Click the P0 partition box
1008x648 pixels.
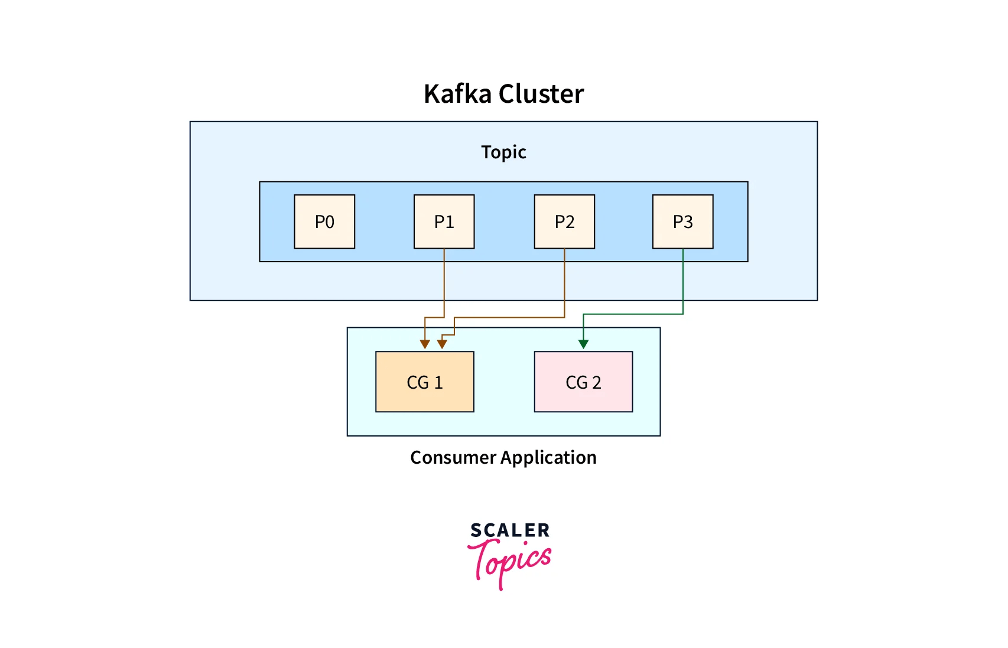click(x=324, y=222)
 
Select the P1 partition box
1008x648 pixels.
click(x=444, y=222)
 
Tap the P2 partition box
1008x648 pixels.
click(x=564, y=222)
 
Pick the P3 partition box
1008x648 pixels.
click(x=682, y=222)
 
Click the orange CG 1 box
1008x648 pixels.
click(x=424, y=382)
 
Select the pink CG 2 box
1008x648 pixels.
click(x=583, y=382)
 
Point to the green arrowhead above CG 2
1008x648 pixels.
click(x=583, y=344)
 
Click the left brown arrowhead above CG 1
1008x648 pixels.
click(x=425, y=344)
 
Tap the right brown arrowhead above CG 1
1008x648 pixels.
click(x=442, y=344)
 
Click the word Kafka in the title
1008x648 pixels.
click(x=457, y=94)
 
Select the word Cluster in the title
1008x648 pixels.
click(x=541, y=94)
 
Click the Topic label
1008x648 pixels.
click(x=503, y=152)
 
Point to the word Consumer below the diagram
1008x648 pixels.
click(x=453, y=457)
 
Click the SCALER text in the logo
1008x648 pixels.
click(x=510, y=530)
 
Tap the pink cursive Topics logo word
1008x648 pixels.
click(x=511, y=561)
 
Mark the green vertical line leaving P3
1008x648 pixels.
click(x=683, y=281)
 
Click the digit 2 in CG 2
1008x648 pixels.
click(x=597, y=383)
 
